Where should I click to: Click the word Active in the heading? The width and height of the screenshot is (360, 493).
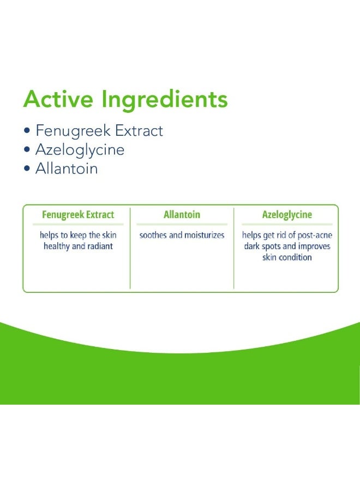pyautogui.click(x=58, y=99)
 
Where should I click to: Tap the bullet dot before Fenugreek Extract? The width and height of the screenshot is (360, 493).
pyautogui.click(x=27, y=130)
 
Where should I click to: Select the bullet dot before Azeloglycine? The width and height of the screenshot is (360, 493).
pyautogui.click(x=27, y=149)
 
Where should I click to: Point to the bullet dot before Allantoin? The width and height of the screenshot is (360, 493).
pyautogui.click(x=27, y=169)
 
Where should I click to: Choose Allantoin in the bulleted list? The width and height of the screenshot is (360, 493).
pyautogui.click(x=67, y=168)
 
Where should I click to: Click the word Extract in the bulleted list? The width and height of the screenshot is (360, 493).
pyautogui.click(x=139, y=130)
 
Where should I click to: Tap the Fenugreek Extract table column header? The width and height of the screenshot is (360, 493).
pyautogui.click(x=78, y=214)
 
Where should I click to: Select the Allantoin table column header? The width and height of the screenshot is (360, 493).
pyautogui.click(x=182, y=214)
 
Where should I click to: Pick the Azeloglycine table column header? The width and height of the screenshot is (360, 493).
pyautogui.click(x=287, y=215)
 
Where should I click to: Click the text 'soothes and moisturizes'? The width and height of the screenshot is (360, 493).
pyautogui.click(x=182, y=235)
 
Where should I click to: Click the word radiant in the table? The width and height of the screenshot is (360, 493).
pyautogui.click(x=100, y=246)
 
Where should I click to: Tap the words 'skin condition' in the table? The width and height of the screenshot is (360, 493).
pyautogui.click(x=287, y=257)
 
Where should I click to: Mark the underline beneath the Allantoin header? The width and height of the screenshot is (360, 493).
pyautogui.click(x=182, y=224)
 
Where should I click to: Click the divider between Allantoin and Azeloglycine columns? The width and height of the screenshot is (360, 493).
pyautogui.click(x=234, y=248)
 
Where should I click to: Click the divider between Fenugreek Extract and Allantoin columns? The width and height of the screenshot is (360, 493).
pyautogui.click(x=130, y=248)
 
